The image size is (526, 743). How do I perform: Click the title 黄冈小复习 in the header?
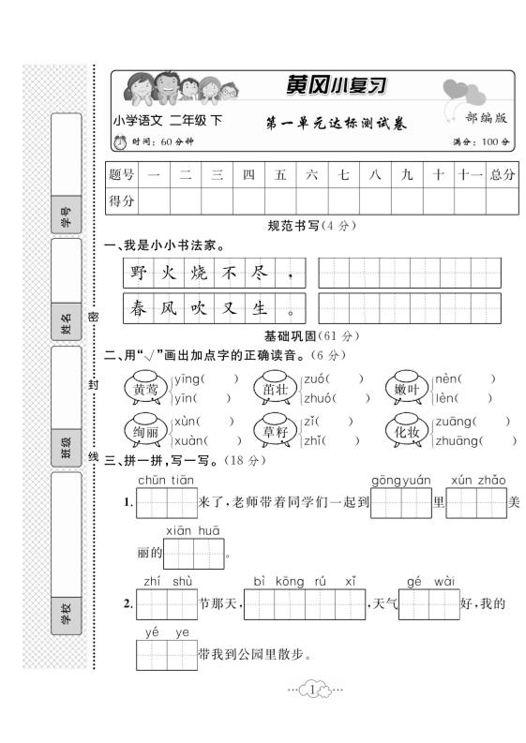pos(336,84)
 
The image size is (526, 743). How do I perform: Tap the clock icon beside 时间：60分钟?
pos(119,142)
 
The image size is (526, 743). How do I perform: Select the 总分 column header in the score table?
pos(502,174)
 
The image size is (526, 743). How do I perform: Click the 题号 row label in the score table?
pos(122,174)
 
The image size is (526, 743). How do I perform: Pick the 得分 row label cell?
pos(122,201)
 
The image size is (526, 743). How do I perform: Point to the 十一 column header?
pos(469,174)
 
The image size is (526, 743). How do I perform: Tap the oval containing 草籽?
pos(275,431)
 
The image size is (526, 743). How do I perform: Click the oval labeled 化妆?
pos(405,431)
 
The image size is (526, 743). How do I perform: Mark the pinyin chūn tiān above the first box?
pos(166,481)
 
